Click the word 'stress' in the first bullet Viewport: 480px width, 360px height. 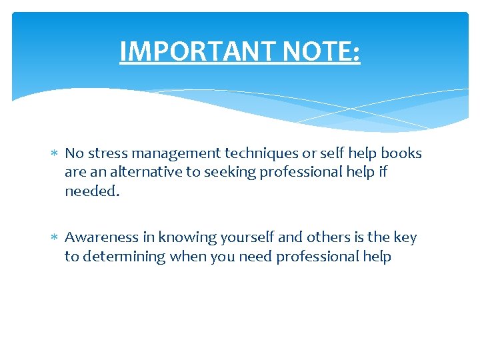coord(103,153)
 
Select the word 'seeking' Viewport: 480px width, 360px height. coord(233,173)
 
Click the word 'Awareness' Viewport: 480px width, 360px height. coord(101,237)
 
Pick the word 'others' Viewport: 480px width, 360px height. coord(329,237)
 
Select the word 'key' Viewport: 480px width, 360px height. coord(405,238)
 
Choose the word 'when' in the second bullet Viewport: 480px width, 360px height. coord(189,256)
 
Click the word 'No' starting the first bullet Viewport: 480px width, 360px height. coord(73,153)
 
